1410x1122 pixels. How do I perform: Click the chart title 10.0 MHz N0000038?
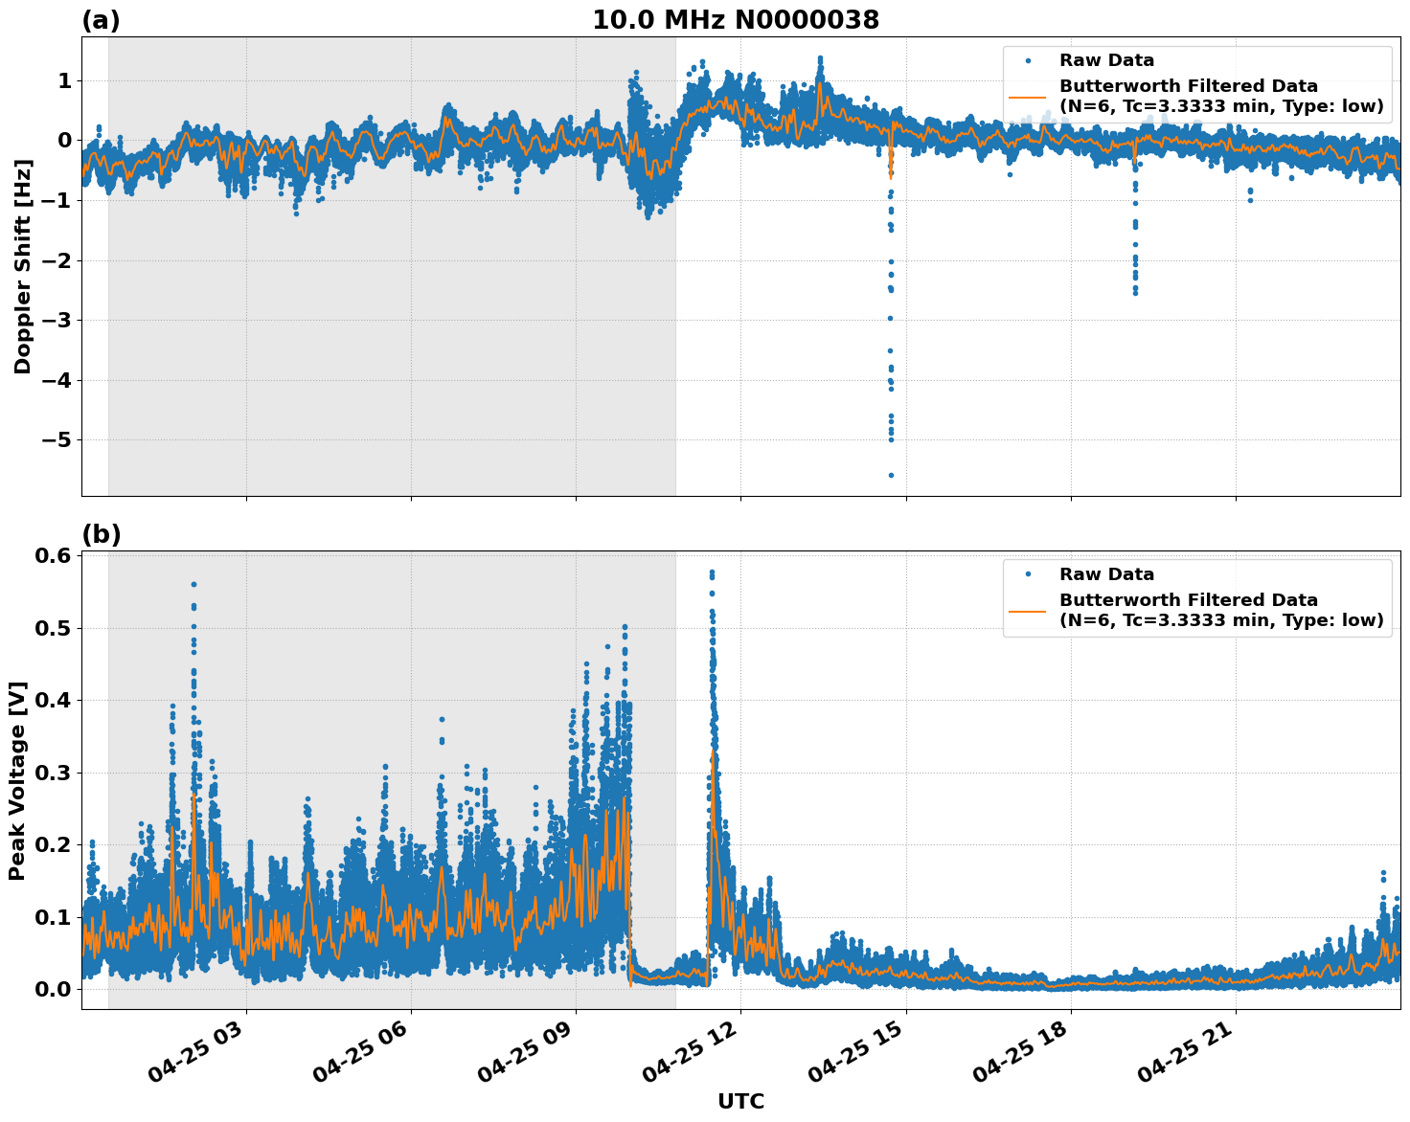pos(735,20)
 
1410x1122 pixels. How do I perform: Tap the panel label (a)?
pos(101,20)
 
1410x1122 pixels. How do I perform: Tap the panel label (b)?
pos(101,534)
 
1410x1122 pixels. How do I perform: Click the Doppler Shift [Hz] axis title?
pos(23,266)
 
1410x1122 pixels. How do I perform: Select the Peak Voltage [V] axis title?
pos(17,780)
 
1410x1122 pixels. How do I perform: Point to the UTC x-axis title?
pos(740,1101)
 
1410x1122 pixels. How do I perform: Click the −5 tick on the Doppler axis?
pos(57,440)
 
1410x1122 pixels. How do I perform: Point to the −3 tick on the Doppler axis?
pos(57,321)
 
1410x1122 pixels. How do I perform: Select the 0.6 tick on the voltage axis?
pos(56,556)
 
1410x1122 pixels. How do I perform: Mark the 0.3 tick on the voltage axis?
pos(56,773)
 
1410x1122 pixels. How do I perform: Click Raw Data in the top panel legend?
pos(1106,60)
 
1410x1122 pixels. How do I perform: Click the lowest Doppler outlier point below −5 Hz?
pos(890,475)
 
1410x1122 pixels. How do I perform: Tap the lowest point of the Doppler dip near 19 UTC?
pos(1135,292)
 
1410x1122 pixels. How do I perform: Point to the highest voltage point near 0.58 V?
pos(712,572)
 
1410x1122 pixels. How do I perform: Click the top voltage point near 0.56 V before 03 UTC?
pos(193,584)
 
